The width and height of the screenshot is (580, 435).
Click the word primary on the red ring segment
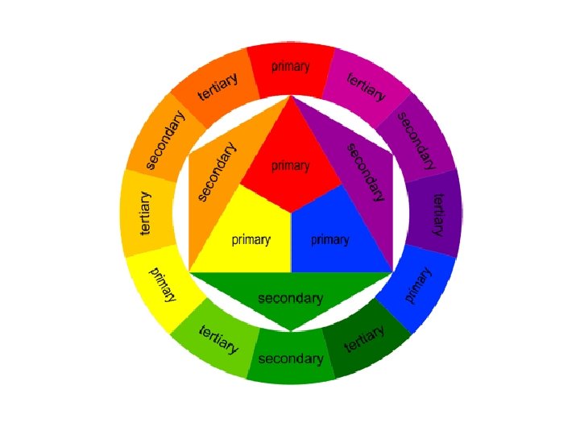[x=290, y=67]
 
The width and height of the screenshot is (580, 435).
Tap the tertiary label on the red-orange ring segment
[x=220, y=89]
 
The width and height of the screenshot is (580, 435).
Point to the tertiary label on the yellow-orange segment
[x=145, y=213]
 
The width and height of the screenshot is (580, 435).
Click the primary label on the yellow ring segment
[x=163, y=284]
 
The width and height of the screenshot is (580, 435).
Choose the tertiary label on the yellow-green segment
[x=218, y=340]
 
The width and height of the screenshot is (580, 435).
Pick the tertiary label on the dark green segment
[x=363, y=338]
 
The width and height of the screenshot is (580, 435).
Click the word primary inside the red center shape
[x=290, y=166]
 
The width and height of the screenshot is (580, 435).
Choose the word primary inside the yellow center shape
[x=251, y=240]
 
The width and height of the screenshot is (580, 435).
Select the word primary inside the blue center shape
[x=329, y=240]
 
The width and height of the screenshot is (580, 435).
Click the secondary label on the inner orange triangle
[x=217, y=172]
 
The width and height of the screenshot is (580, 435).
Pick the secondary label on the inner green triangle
[x=290, y=299]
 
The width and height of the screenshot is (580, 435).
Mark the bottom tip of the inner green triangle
[x=291, y=329]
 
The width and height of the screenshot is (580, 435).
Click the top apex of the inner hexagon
[x=291, y=96]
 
